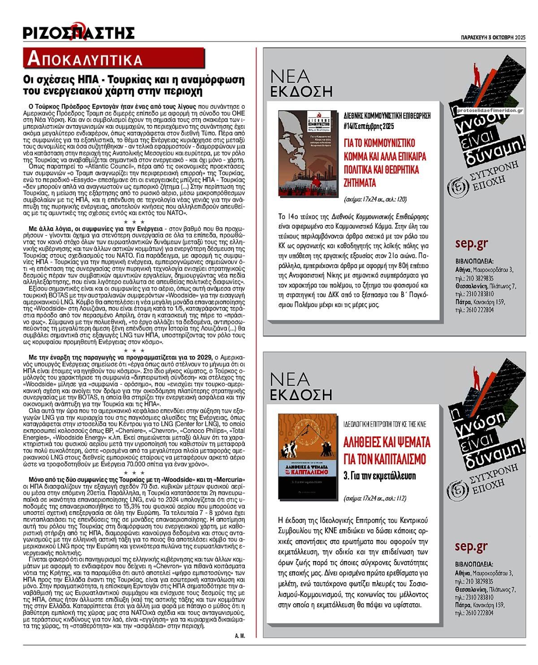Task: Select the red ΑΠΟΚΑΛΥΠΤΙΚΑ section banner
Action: (114, 58)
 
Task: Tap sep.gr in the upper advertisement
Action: (471, 243)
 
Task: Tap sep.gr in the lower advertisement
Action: (471, 546)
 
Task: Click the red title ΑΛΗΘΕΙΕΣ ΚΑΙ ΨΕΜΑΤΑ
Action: (387, 442)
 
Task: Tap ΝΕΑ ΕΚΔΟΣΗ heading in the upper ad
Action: (301, 83)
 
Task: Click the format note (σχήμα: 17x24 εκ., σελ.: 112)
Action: (375, 498)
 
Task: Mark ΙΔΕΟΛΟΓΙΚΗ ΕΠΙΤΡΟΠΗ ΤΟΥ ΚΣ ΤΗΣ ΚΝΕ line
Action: (384, 423)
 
